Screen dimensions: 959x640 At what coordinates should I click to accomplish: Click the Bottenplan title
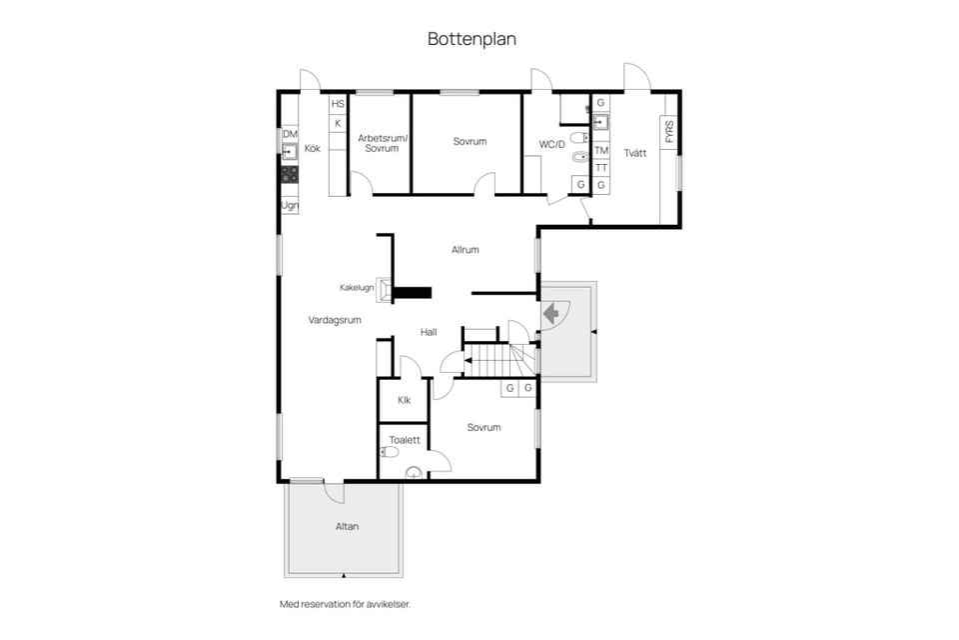pos(472,39)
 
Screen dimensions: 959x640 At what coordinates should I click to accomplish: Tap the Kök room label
pos(313,148)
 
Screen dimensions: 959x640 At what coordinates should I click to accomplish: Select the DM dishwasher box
pos(290,134)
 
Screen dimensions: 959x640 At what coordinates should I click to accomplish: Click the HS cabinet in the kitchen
pos(338,104)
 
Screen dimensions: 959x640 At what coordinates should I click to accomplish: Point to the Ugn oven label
pos(290,206)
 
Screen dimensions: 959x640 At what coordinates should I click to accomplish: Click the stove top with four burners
pos(290,175)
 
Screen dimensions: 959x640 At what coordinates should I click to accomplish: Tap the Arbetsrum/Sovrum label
pos(382,143)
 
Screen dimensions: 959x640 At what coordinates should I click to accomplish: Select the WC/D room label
pos(551,145)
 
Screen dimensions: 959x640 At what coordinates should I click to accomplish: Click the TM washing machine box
pos(601,151)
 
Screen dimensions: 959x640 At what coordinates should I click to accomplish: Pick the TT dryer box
pos(601,168)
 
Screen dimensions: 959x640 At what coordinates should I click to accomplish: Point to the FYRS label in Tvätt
pos(669,132)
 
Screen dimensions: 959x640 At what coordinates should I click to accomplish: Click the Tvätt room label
pos(635,153)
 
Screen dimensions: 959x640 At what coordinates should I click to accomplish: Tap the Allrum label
pos(465,250)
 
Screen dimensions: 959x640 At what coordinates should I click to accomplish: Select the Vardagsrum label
pos(335,320)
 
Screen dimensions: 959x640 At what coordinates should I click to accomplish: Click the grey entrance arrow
pos(551,315)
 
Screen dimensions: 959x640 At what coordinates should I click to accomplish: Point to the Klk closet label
pos(405,401)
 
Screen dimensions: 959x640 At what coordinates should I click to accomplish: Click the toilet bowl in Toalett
pos(389,452)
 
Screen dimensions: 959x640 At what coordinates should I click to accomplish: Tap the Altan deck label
pos(347,527)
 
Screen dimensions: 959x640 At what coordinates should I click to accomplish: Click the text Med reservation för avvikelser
pos(345,604)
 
